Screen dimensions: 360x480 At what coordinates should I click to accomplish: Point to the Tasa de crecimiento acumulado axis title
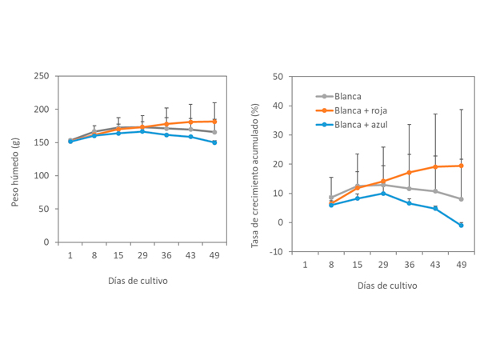(x=255, y=165)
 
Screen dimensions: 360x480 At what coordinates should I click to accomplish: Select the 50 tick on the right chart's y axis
(x=278, y=77)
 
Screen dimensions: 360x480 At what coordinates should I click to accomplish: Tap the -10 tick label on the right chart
(x=277, y=251)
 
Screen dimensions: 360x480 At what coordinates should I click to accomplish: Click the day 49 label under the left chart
(x=214, y=255)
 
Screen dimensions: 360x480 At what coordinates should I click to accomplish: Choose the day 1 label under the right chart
(x=305, y=264)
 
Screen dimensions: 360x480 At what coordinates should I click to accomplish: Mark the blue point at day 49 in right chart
(x=461, y=226)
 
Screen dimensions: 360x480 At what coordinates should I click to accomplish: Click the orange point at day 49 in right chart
(x=461, y=166)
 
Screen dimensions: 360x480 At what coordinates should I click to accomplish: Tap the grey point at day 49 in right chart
(x=461, y=199)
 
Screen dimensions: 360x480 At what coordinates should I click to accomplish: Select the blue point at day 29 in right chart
(x=383, y=193)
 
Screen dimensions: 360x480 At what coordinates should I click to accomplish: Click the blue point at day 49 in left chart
(x=214, y=142)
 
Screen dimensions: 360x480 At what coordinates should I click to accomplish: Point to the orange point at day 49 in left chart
(x=214, y=122)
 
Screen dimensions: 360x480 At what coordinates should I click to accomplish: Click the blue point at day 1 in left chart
(x=70, y=142)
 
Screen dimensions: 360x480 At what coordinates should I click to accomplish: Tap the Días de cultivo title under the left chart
(x=138, y=281)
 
